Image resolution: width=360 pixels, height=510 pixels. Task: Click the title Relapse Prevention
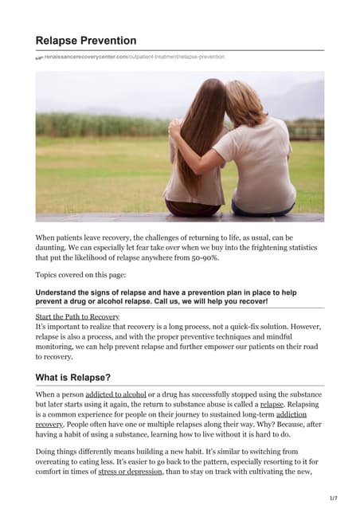pos(86,40)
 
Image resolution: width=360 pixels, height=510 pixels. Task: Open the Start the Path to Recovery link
pos(77,316)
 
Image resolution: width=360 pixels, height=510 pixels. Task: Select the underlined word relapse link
pos(272,405)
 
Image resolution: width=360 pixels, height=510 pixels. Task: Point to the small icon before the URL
pos(39,58)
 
